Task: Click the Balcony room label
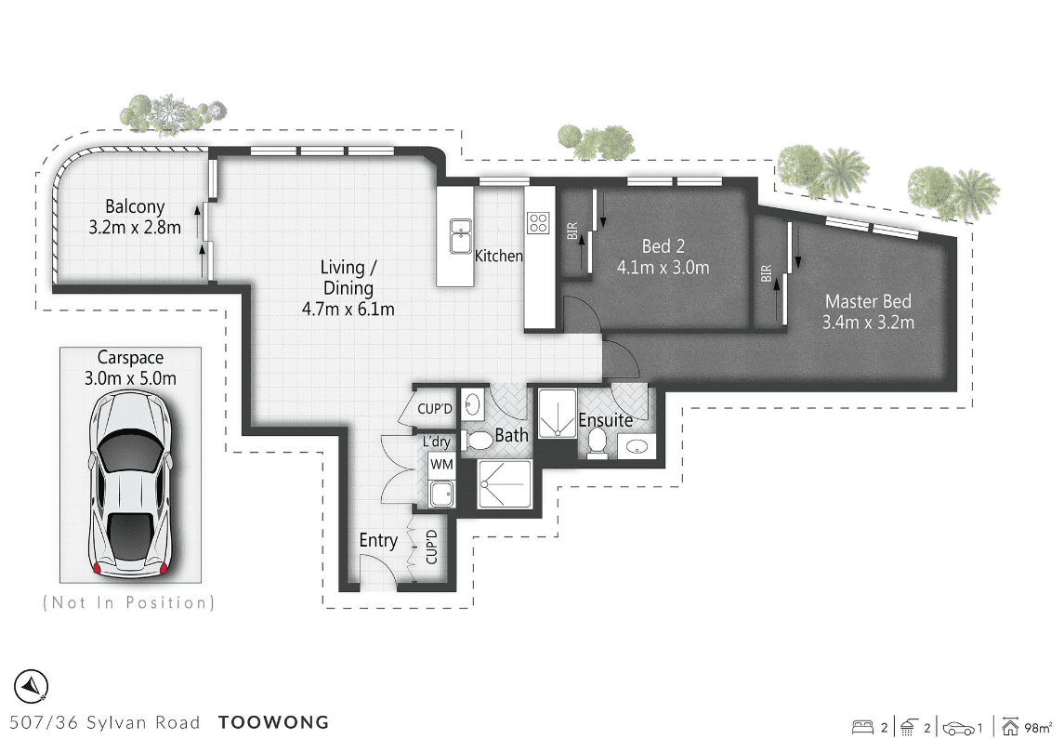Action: pos(135,206)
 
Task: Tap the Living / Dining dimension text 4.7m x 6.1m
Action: pos(348,310)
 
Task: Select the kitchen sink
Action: pos(461,236)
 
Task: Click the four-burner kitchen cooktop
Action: pos(538,222)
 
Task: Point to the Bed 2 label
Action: pos(663,245)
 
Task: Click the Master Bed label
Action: pos(868,300)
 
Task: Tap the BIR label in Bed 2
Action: pos(572,231)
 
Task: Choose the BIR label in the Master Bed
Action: pos(766,272)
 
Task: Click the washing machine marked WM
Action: pos(441,466)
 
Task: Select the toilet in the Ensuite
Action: pos(598,443)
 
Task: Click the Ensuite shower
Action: pos(558,413)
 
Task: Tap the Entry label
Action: pos(378,541)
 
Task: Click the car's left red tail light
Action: pos(97,568)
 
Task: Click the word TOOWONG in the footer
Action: pos(273,722)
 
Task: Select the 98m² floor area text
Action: pos(1038,728)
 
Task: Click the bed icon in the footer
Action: pos(861,728)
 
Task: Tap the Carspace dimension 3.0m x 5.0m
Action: pos(130,378)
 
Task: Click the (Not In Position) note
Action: pos(129,602)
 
